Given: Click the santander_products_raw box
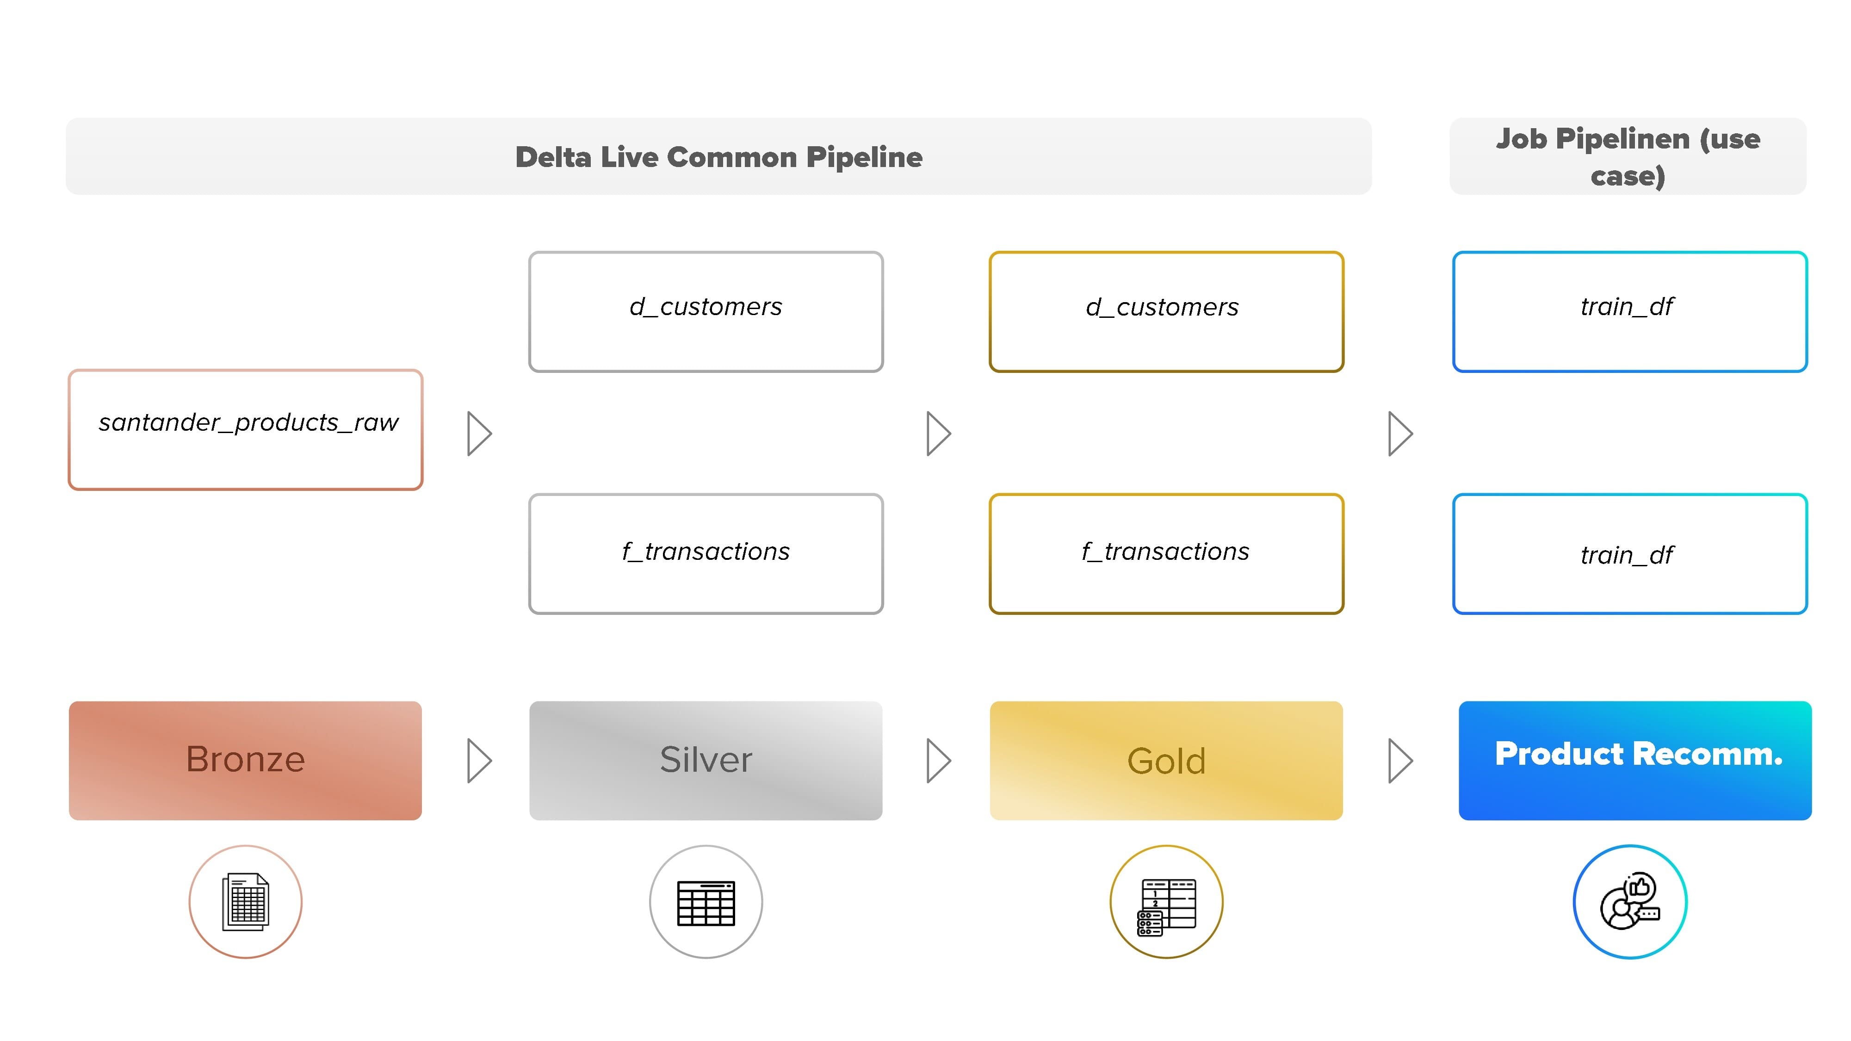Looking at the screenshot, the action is [246, 430].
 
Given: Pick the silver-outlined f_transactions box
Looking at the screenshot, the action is [706, 553].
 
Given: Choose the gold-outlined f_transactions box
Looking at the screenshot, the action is [1166, 553].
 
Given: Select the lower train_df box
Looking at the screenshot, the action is [1630, 553].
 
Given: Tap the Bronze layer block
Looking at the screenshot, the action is [246, 760].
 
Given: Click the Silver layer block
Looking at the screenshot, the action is [706, 760].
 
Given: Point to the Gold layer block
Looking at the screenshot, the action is [1166, 760].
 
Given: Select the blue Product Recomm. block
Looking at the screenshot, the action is [1634, 760].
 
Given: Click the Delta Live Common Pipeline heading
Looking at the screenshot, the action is [718, 157].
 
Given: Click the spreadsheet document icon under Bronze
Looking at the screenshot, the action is [246, 902].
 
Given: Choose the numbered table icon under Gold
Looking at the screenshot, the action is [1166, 907].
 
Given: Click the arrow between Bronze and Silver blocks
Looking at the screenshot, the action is [479, 760].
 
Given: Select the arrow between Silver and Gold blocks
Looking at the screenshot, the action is [939, 760].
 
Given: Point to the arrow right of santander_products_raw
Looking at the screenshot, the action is [479, 433].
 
